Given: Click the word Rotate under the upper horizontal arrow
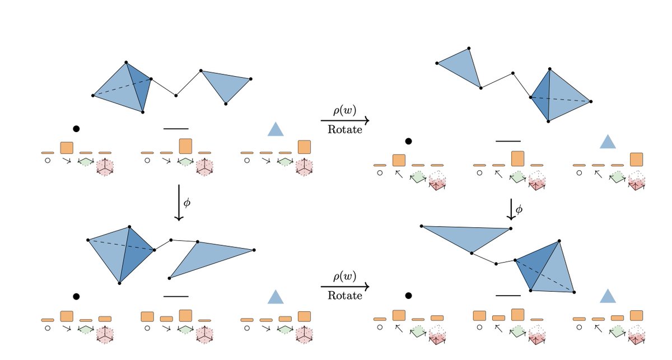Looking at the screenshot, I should [x=344, y=129].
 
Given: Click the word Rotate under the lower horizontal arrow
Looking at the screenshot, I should [x=344, y=296].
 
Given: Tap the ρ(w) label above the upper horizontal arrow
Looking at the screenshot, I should [x=344, y=110].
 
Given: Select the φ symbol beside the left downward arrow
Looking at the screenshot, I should [x=187, y=203].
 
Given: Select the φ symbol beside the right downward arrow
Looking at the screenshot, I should [x=519, y=209].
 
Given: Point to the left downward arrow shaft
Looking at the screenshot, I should [x=179, y=202].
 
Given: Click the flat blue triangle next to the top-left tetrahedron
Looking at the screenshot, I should [x=226, y=84].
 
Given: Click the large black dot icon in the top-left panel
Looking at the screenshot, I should [x=76, y=129].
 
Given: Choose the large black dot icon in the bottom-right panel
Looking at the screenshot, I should [x=409, y=295].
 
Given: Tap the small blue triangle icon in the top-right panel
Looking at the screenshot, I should [x=608, y=142].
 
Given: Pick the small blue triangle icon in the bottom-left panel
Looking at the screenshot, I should [x=276, y=297].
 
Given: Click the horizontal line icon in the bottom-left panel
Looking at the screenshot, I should [x=176, y=296].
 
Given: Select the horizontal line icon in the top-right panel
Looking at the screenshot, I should [x=508, y=141].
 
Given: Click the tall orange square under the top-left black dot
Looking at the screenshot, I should [x=67, y=148].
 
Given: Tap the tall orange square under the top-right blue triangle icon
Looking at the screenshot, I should [x=636, y=160].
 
